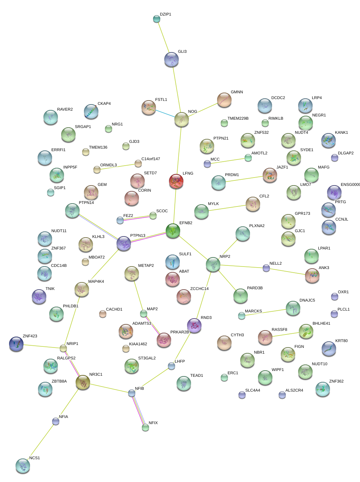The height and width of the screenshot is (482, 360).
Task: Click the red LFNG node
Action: coord(176,181)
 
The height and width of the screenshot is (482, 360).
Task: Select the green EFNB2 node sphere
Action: coord(173,230)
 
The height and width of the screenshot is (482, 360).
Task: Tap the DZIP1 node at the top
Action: coord(157,19)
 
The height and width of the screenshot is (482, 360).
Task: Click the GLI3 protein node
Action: coord(171,59)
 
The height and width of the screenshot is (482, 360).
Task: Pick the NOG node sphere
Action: coord(182,119)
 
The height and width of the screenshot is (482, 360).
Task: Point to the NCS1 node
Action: coord(23,466)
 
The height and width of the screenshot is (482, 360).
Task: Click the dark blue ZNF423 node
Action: coord(16,344)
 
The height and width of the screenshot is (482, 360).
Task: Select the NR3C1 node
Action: coord(83,382)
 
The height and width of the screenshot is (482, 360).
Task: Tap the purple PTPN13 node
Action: coord(124,243)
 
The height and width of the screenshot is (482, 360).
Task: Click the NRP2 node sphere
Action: coord(213,264)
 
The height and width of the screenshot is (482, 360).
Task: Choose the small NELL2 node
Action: coord(266,268)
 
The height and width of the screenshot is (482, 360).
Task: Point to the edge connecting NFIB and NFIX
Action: coord(139,410)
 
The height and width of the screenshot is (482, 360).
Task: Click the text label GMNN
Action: coord(237,92)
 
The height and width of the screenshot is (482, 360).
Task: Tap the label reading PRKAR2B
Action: coord(179,332)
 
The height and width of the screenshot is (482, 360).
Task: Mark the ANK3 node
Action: coord(312,276)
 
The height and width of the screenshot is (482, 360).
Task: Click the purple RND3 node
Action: coord(194,325)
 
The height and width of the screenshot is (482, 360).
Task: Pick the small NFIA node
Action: coord(56,421)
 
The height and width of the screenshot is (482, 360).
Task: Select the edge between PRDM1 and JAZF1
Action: coord(244,179)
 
